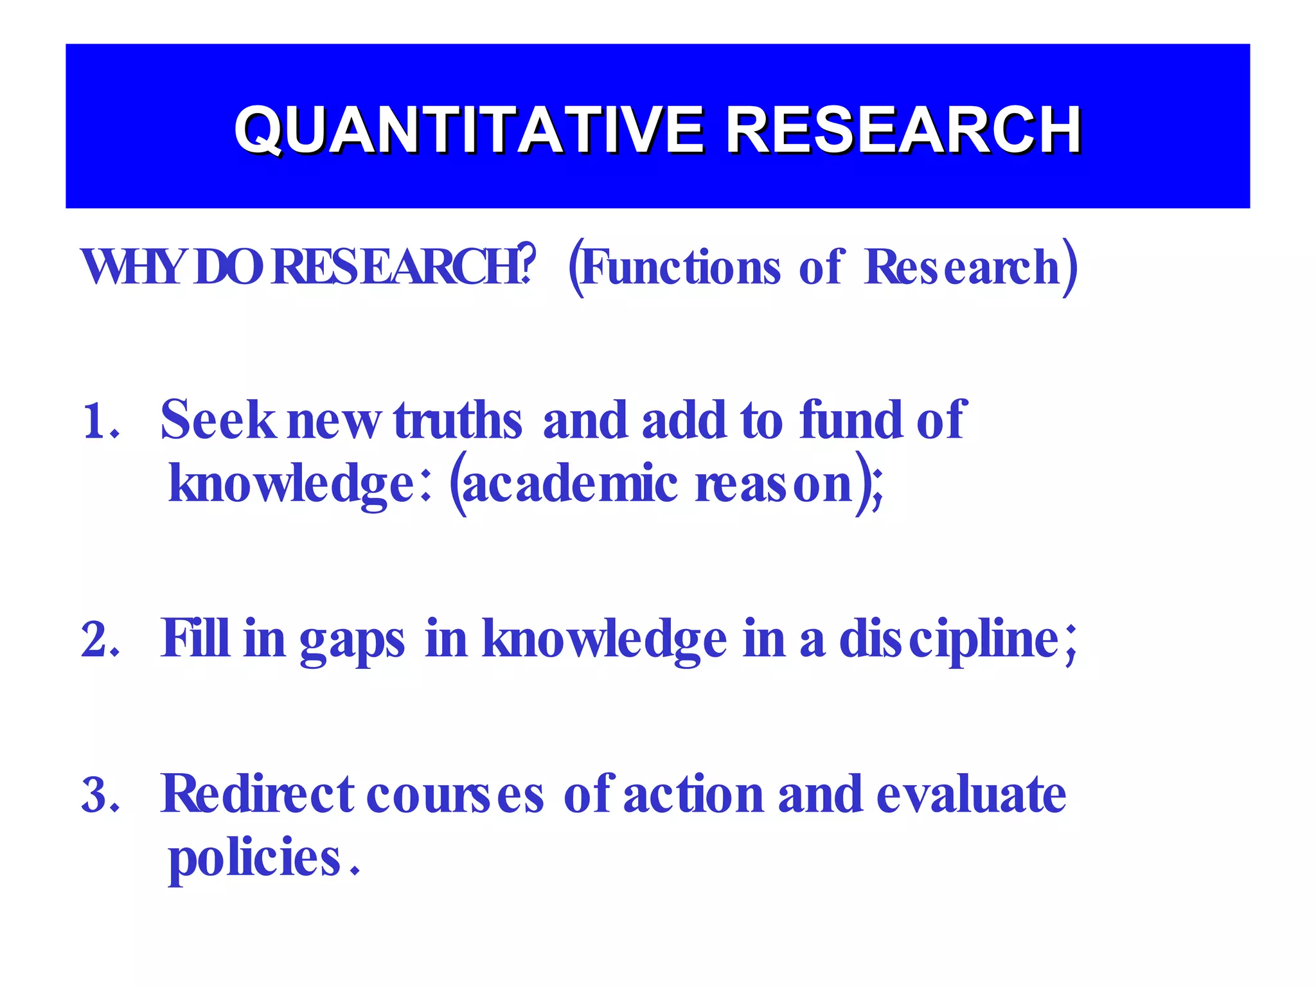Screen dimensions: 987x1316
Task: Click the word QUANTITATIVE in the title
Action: [469, 130]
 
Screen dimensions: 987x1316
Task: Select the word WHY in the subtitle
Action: [132, 267]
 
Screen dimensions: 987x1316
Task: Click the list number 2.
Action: [100, 640]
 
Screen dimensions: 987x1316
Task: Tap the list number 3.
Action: [100, 796]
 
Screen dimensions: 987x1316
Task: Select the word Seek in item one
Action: [217, 420]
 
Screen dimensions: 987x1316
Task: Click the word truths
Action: [458, 420]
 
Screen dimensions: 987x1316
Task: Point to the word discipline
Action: [948, 640]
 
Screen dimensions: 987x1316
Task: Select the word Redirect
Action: [257, 794]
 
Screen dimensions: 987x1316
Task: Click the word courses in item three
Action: [455, 796]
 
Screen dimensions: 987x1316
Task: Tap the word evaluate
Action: [971, 794]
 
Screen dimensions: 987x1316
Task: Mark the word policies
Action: [254, 859]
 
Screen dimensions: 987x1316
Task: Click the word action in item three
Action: [693, 794]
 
